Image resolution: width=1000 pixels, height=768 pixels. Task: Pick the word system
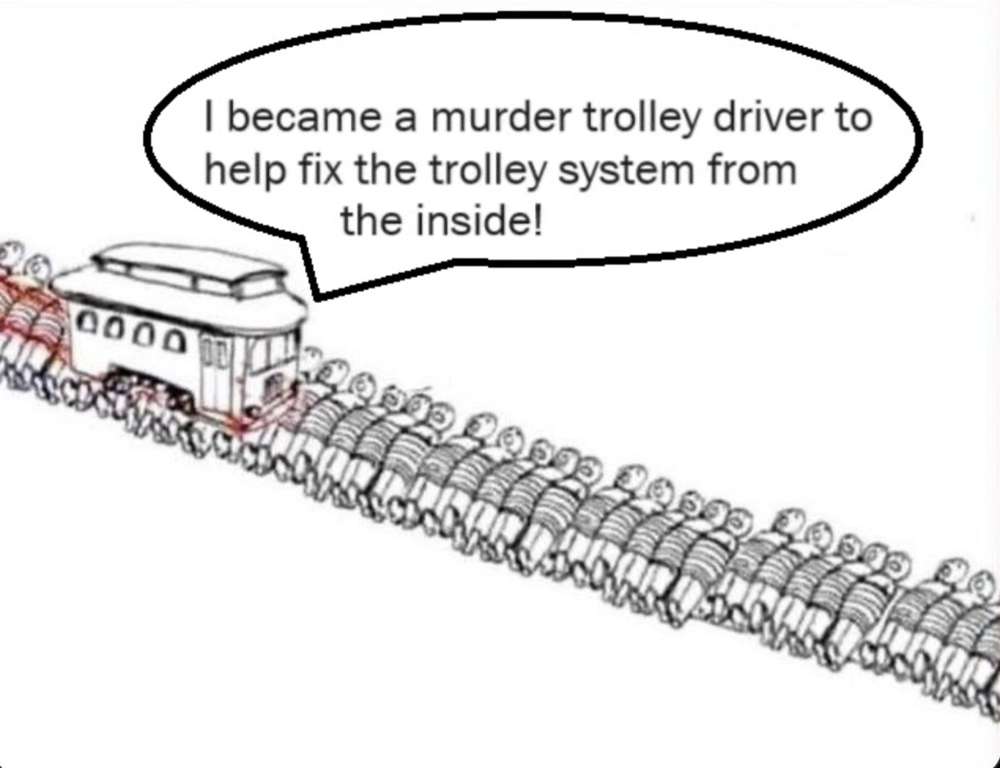pos(624,172)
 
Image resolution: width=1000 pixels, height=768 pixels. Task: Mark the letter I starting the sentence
pos(210,119)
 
